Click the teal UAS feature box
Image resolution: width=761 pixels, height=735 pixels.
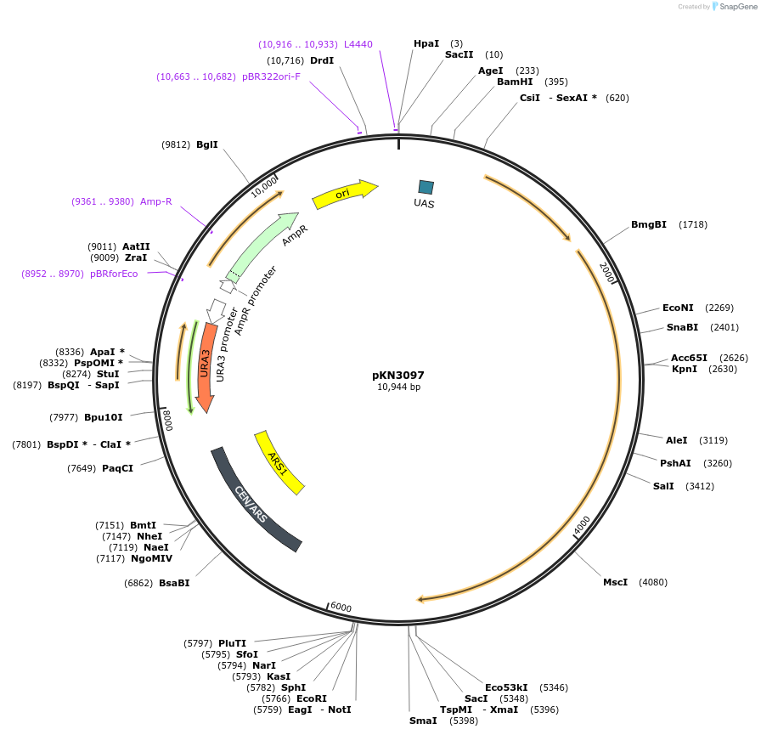426,187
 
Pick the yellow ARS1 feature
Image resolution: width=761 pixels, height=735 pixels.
279,461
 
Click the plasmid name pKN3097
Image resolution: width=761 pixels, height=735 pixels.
398,375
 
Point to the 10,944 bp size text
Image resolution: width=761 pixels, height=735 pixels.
398,387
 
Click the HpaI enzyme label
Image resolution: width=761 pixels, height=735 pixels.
426,43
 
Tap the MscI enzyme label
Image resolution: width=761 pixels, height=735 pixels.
615,582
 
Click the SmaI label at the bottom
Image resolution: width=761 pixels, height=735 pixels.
423,721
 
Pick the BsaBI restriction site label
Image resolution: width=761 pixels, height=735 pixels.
174,583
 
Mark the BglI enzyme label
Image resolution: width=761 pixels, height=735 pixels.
207,144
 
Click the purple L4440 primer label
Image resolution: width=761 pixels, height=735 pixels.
358,43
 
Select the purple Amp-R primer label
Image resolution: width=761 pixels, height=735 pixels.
156,201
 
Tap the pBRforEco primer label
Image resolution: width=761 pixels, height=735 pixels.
114,274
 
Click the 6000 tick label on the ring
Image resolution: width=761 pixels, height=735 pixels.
341,607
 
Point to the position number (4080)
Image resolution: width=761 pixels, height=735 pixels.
653,582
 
